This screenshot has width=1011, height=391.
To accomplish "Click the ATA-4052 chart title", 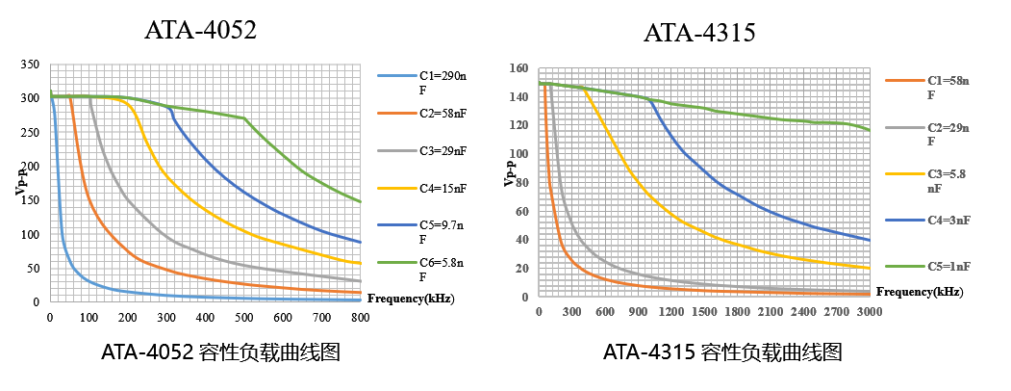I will coord(200,30).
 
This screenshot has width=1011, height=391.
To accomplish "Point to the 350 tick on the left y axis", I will coord(30,65).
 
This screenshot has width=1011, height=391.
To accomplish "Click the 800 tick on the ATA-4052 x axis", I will coord(360,317).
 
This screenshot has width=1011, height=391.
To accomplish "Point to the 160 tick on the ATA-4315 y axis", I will coord(519,68).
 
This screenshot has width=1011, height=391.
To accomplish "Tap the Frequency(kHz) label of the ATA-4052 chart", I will coord(411,299).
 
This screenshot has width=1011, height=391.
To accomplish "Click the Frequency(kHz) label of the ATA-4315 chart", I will coord(919,292).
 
